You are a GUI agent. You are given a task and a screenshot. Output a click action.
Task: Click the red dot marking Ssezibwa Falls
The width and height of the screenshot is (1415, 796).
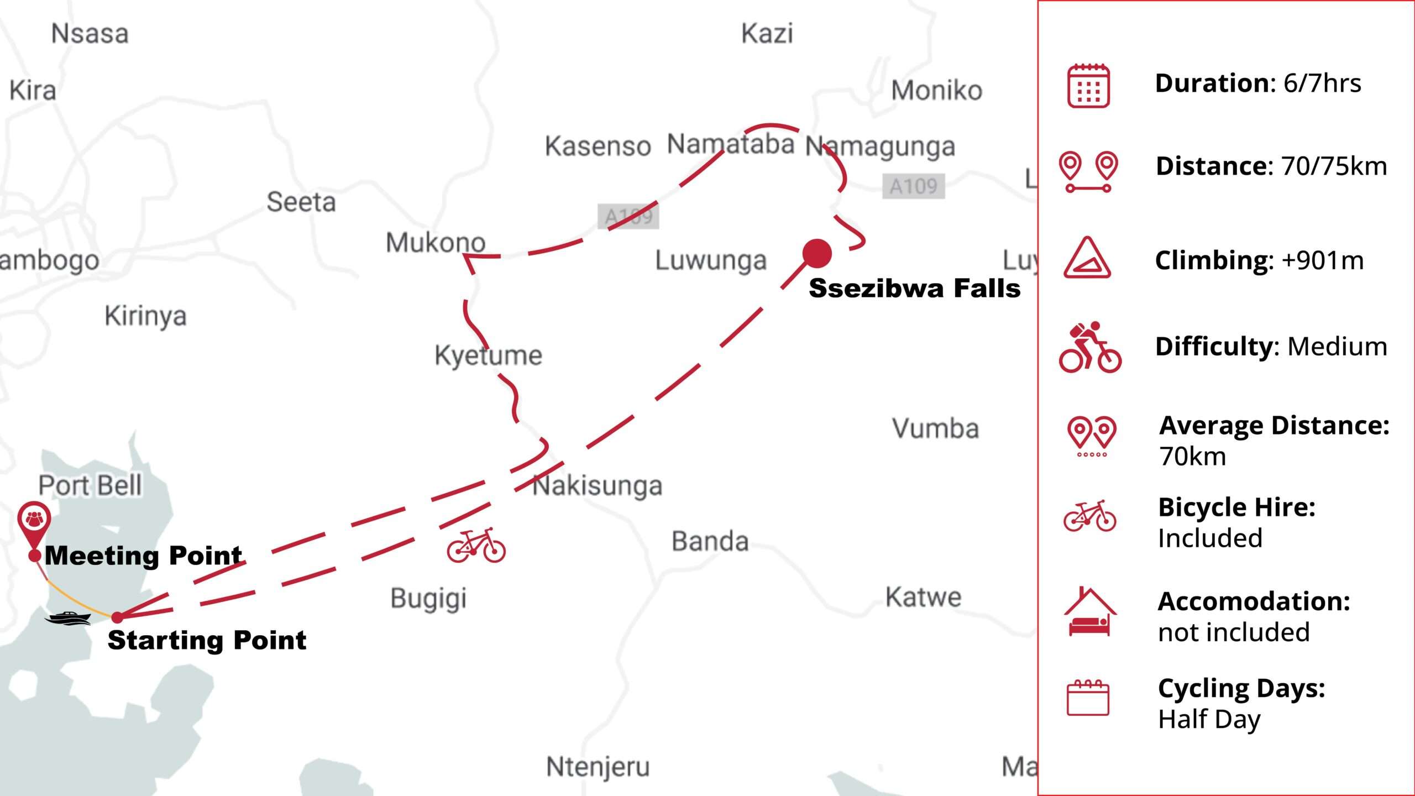tap(817, 253)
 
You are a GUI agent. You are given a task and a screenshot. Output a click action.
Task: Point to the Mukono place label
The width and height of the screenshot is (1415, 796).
tap(436, 243)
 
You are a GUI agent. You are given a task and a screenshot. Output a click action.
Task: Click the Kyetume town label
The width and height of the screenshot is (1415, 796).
tap(488, 355)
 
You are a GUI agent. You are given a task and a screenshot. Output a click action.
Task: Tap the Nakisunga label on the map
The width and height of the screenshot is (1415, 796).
tap(597, 486)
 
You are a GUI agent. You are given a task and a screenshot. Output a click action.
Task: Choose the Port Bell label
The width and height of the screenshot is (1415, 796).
tap(90, 485)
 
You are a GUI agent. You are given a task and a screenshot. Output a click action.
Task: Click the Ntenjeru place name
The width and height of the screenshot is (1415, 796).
tap(598, 767)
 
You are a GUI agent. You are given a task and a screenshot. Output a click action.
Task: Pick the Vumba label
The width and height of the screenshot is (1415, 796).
tap(935, 428)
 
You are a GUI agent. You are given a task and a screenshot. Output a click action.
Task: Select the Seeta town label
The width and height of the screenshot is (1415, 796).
tap(301, 202)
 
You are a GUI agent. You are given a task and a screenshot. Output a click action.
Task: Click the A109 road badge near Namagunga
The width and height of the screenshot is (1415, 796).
tap(913, 186)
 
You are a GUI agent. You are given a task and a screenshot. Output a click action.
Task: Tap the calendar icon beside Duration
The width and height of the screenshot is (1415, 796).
tap(1088, 86)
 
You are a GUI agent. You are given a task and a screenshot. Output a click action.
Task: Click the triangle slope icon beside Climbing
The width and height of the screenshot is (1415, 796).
tap(1087, 258)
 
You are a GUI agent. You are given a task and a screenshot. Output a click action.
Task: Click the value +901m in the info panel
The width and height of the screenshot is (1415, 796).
tap(1323, 260)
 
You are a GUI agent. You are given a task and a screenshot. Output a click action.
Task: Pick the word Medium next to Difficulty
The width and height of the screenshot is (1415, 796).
tap(1337, 347)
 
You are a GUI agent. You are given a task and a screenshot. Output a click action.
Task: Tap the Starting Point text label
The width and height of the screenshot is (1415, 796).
tap(207, 640)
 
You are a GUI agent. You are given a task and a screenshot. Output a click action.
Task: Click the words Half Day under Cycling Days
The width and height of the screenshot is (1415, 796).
tap(1209, 719)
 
